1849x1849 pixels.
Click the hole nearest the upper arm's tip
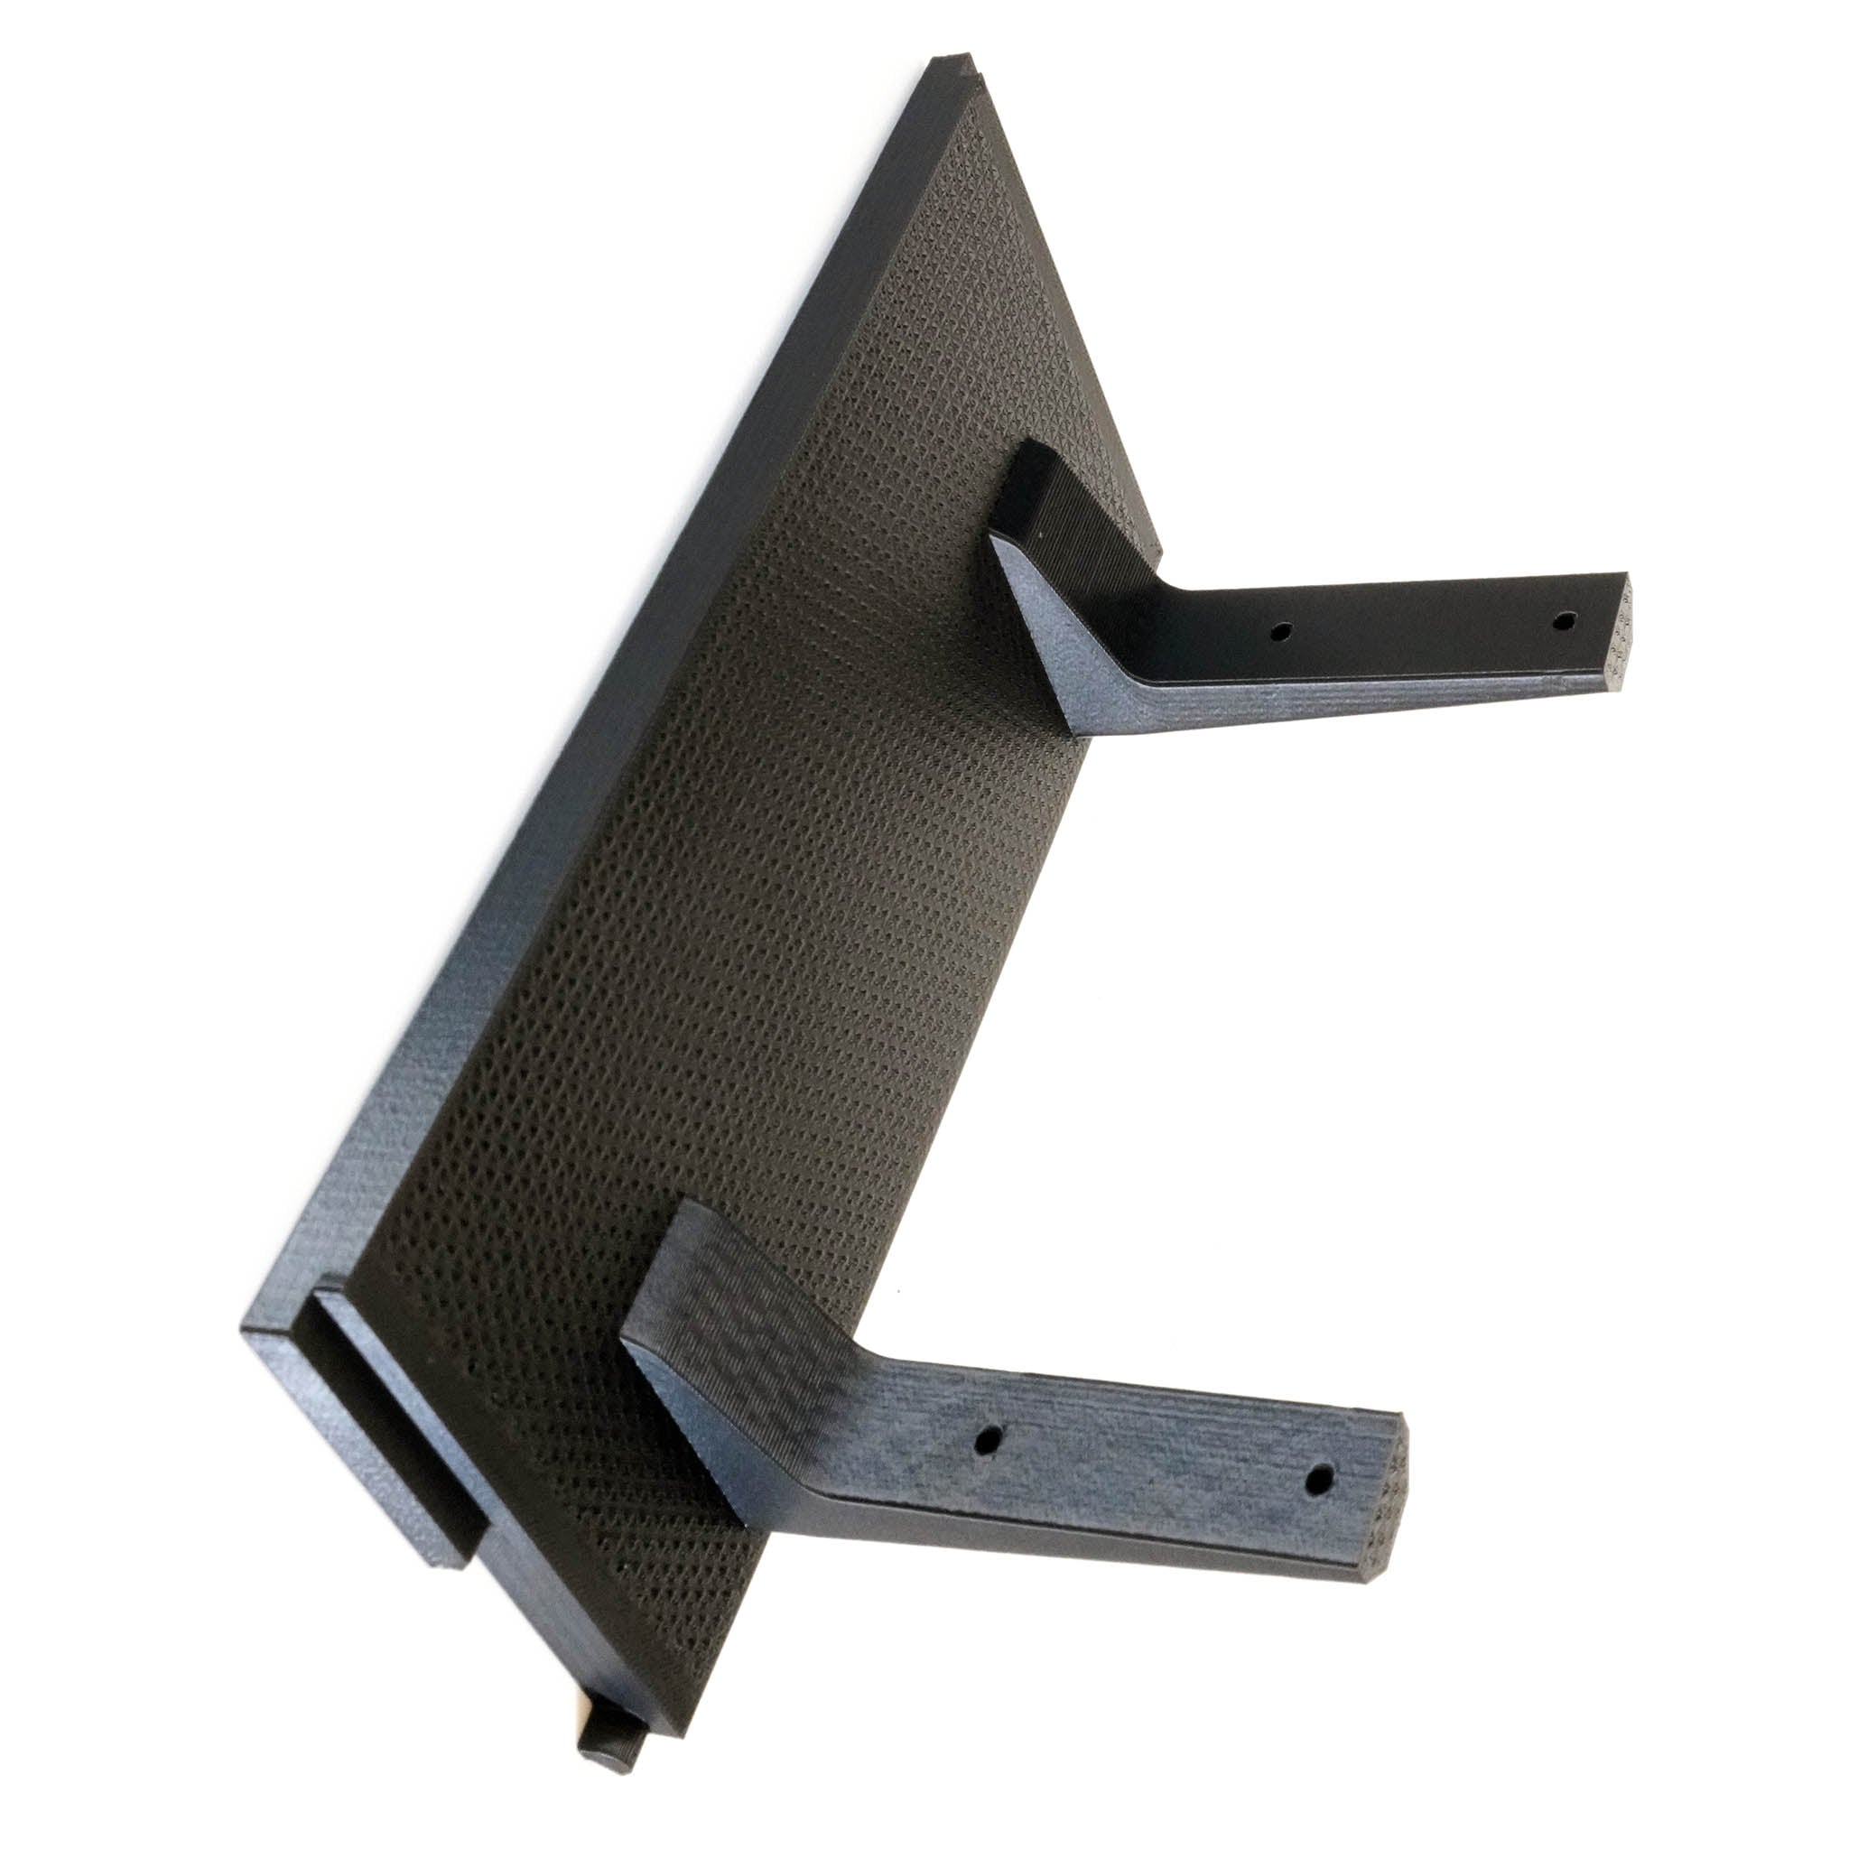pos(1562,621)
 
